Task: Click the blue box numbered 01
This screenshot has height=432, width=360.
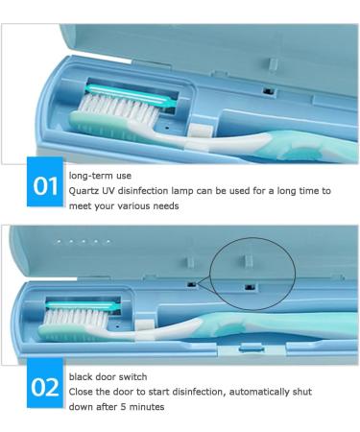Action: click(44, 185)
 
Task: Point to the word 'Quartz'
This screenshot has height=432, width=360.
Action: click(84, 190)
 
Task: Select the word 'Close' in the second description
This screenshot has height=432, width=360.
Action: click(83, 392)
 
